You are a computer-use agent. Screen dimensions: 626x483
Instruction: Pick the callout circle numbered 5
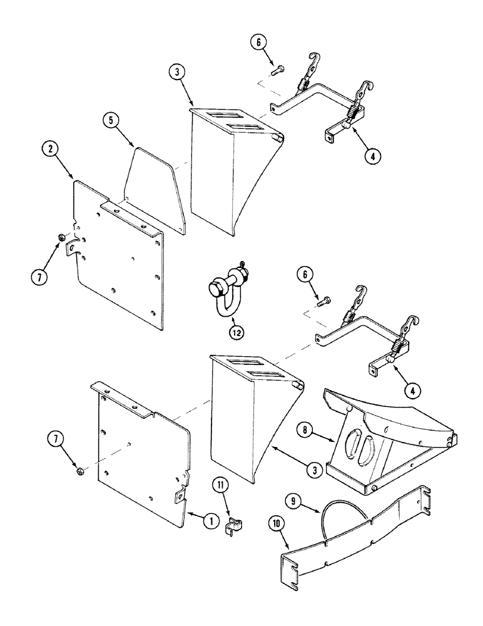pos(114,119)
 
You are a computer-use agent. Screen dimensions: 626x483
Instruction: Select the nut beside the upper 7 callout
pos(60,237)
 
